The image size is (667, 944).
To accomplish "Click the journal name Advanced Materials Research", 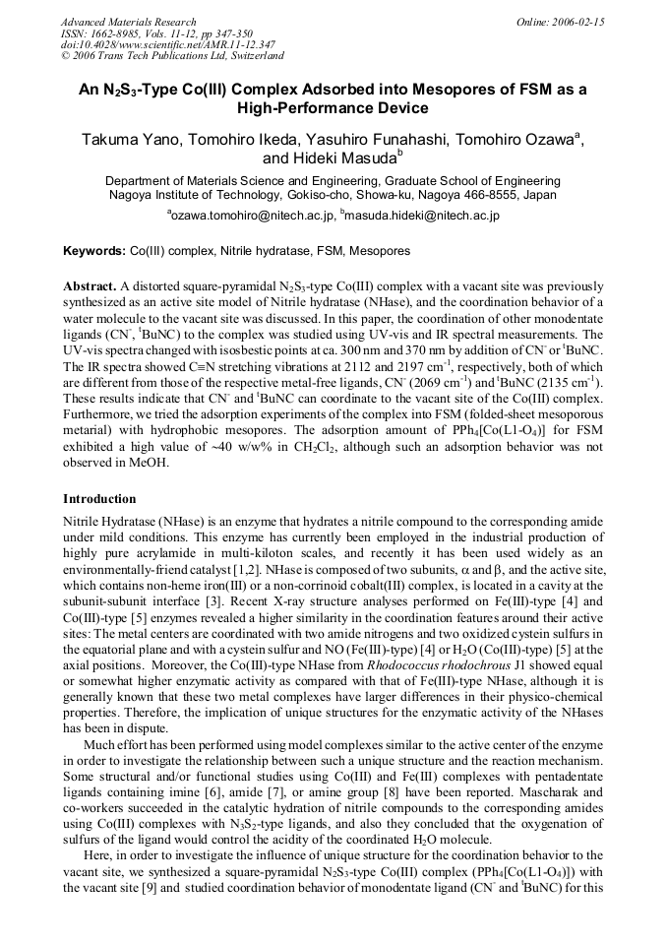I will [x=128, y=22].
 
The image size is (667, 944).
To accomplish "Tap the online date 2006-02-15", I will [x=580, y=22].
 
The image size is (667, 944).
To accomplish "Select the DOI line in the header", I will [x=167, y=44].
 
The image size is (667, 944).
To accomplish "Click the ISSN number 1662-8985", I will [x=116, y=33].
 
